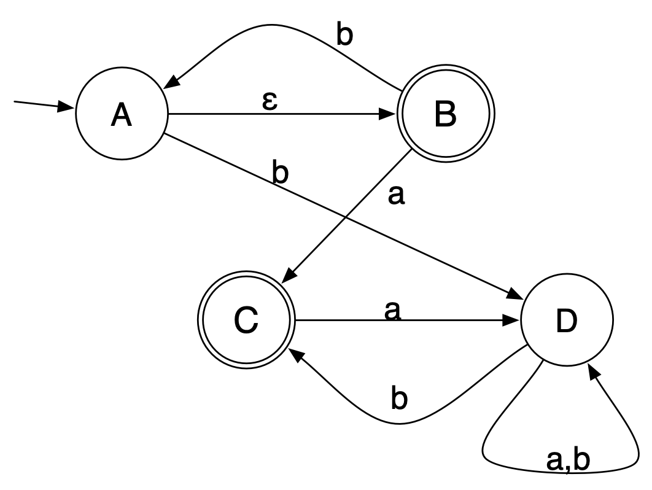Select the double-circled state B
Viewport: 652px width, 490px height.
[445, 115]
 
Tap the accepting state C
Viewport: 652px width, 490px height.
[246, 321]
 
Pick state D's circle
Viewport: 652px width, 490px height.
[567, 321]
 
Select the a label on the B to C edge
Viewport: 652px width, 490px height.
[397, 196]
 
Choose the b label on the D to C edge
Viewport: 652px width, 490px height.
[400, 399]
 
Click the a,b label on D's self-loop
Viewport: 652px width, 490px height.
[569, 461]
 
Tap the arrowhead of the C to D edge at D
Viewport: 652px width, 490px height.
[513, 321]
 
